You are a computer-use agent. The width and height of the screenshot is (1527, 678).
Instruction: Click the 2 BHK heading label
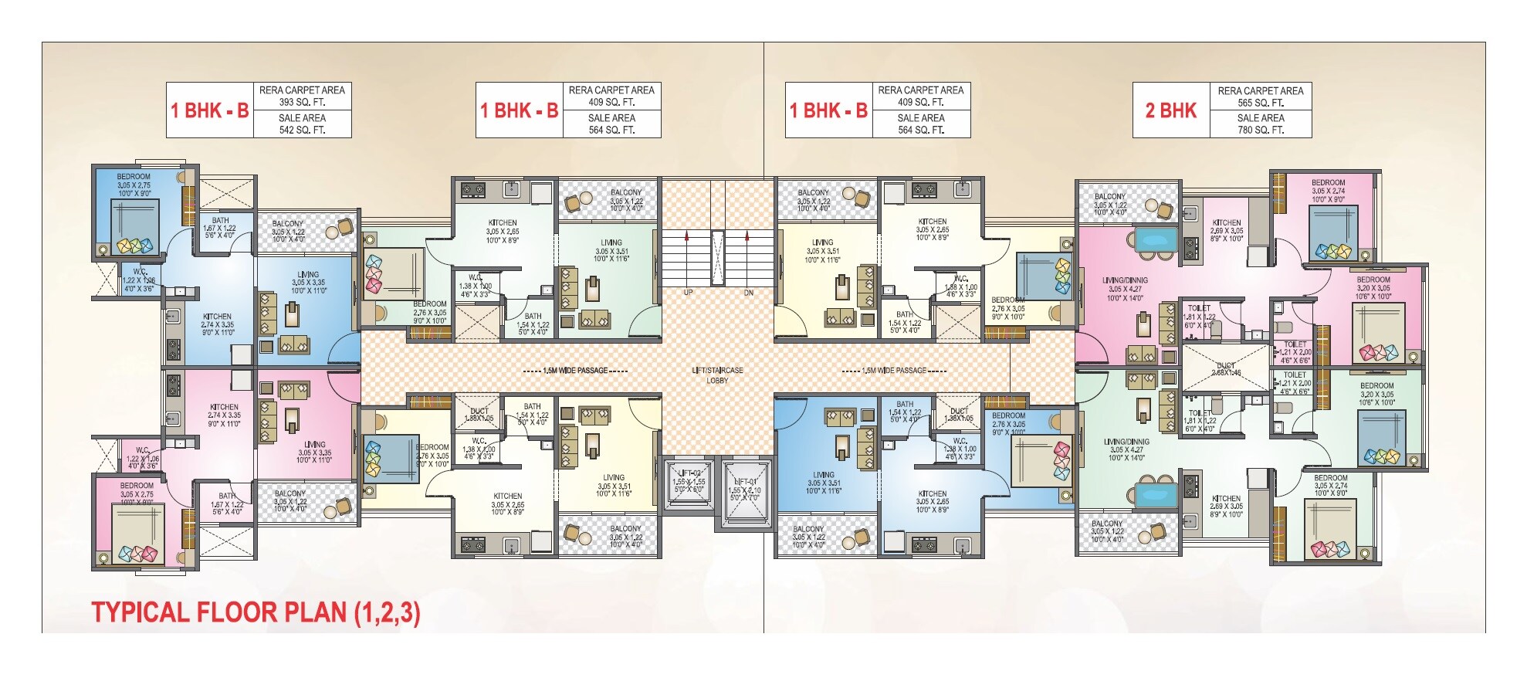[1170, 110]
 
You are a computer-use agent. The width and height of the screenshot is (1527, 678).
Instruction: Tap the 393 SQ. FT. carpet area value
[302, 102]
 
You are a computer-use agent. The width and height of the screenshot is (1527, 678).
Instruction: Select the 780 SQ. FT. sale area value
[1260, 130]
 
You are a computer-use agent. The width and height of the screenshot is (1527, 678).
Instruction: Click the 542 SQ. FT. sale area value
[302, 130]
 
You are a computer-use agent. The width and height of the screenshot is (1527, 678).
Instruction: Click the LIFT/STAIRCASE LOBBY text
[717, 375]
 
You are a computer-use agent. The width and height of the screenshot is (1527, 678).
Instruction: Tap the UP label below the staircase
[688, 293]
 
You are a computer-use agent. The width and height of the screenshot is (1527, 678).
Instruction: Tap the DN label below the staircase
[748, 293]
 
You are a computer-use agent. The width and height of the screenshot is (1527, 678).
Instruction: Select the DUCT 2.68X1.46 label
[1226, 369]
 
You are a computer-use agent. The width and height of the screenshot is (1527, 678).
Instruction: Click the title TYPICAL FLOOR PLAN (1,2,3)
[256, 612]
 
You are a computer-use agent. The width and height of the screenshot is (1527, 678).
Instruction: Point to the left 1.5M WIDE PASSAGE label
[575, 371]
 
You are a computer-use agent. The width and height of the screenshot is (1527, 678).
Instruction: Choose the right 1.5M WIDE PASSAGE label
[893, 371]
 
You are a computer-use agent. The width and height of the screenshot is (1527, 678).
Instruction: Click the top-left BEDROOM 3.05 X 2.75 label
[134, 181]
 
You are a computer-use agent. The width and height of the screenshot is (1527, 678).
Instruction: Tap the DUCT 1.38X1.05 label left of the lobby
[479, 415]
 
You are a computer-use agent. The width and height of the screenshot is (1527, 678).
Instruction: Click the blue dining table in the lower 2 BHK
[1155, 493]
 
